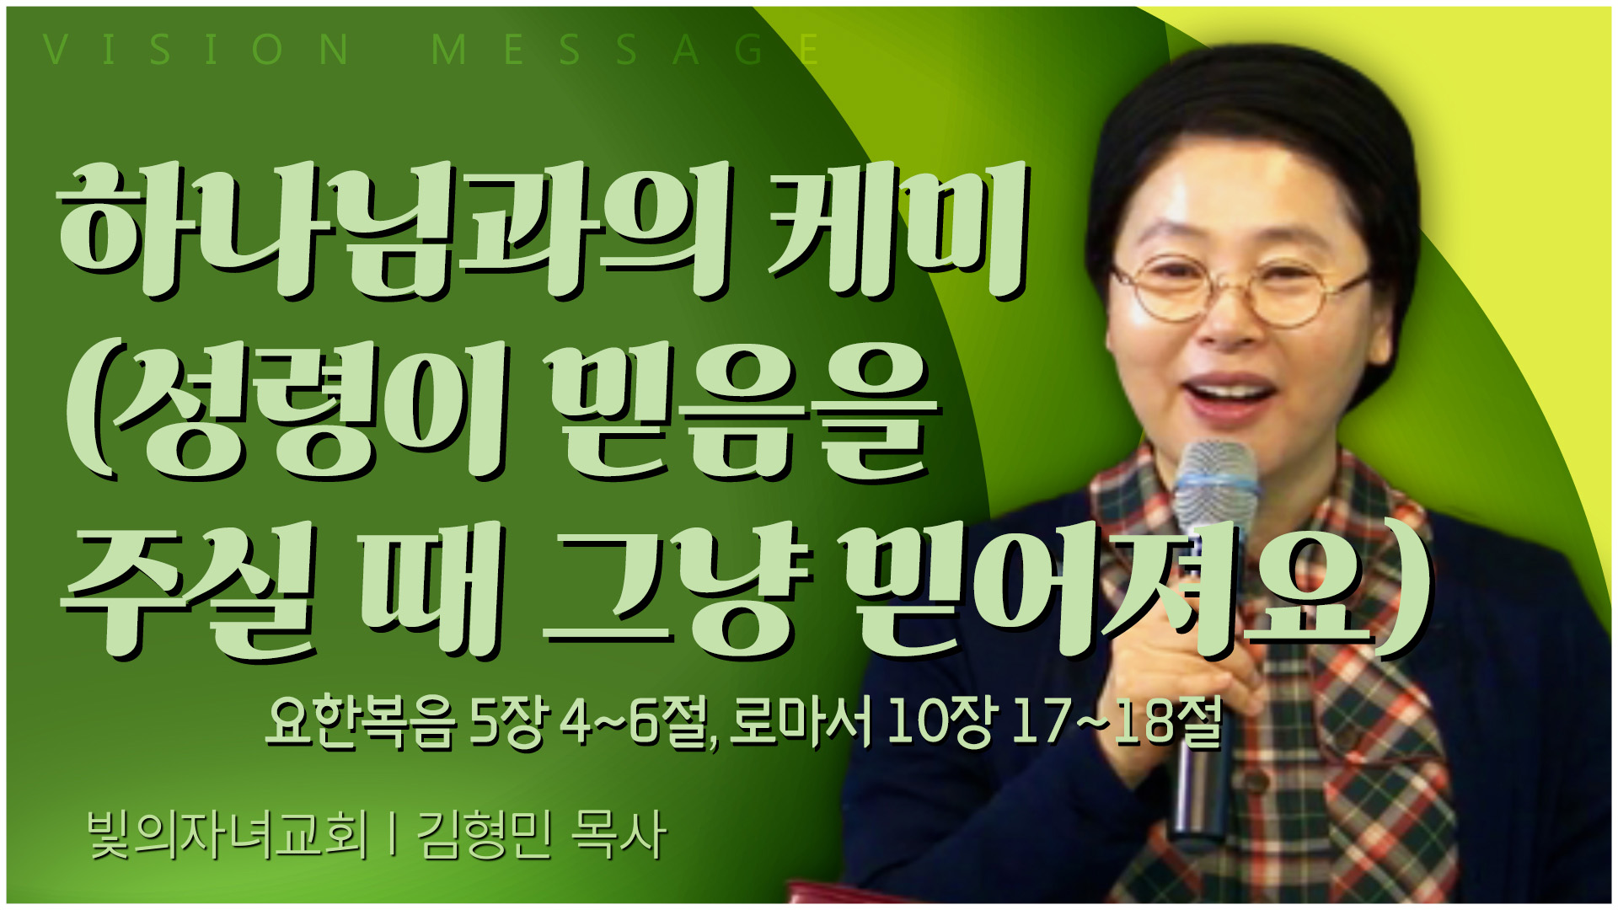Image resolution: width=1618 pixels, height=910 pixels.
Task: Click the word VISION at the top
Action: coord(196,50)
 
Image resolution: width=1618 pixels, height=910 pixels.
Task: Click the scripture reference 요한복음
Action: coord(362,722)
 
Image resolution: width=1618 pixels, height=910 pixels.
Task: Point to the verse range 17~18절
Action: coord(1116,722)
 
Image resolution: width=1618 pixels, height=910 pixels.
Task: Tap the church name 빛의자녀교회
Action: coord(228,834)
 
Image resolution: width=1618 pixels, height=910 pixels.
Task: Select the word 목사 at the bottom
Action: coord(619,834)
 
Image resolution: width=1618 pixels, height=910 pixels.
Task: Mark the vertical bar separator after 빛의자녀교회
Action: coord(393,835)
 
